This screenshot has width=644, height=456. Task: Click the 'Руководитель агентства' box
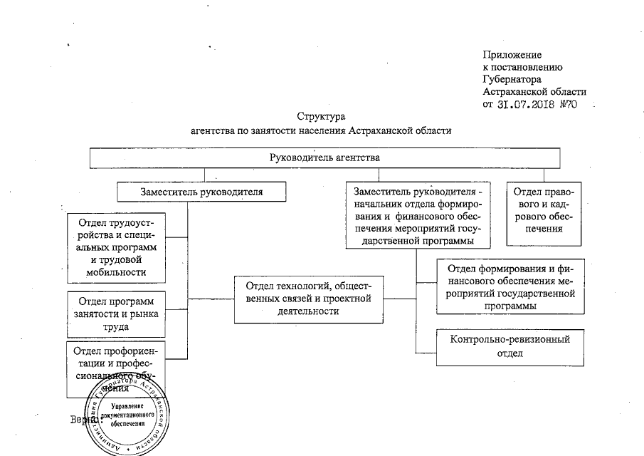324,157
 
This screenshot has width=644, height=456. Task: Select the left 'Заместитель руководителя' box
202,191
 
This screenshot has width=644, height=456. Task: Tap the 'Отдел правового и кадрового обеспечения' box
545,212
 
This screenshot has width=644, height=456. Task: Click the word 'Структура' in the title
322,116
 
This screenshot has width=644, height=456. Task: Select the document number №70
567,104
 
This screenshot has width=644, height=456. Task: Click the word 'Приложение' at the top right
512,55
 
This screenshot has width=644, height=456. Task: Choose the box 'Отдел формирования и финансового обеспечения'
510,286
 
